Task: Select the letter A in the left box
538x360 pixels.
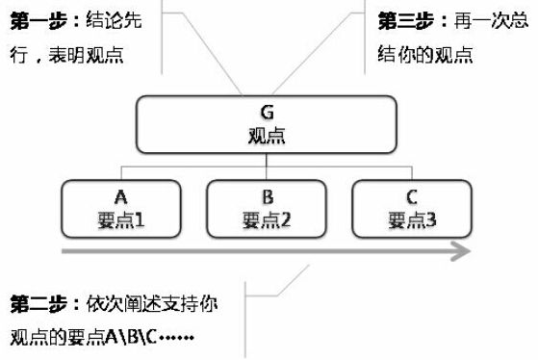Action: (121, 196)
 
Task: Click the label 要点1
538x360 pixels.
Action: (121, 218)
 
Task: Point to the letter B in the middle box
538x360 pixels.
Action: (268, 196)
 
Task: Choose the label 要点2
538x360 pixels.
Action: (268, 218)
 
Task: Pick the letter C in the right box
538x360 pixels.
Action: (413, 196)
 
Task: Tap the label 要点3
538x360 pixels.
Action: (413, 218)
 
